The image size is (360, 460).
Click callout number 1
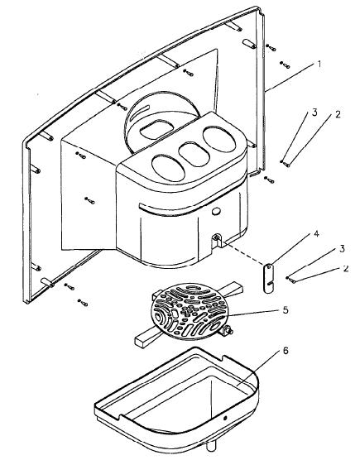tap(319, 64)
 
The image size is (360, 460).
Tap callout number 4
tap(316, 234)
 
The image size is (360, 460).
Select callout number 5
tap(286, 310)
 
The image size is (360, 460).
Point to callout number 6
tap(286, 351)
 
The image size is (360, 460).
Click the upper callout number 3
tap(314, 113)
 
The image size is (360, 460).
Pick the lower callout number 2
tap(346, 268)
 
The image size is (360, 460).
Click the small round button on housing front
tap(216, 211)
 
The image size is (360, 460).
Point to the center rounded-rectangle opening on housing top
tap(194, 154)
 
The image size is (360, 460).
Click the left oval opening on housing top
tap(168, 168)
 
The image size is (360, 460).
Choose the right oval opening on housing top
tap(219, 139)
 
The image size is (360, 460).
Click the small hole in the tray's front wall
tap(225, 418)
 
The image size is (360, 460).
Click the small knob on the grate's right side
tap(228, 331)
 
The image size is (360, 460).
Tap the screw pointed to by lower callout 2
tap(292, 280)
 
